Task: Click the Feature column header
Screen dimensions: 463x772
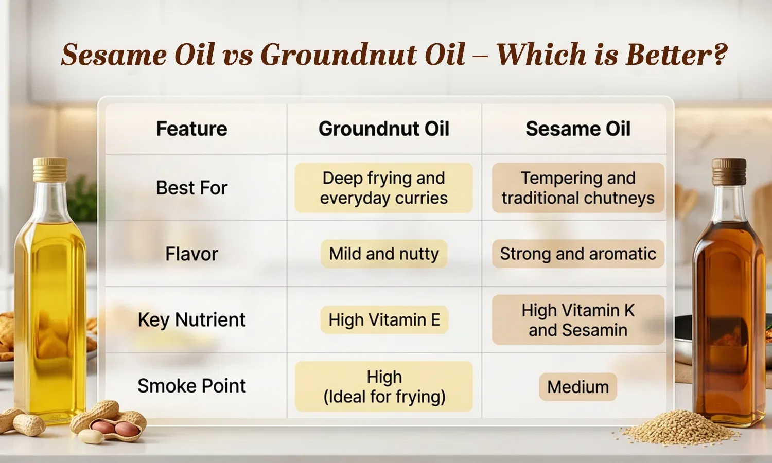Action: pos(191,129)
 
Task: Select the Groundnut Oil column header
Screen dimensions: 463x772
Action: pos(384,129)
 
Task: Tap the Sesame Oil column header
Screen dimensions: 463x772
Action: pos(578,129)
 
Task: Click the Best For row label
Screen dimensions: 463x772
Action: pos(191,188)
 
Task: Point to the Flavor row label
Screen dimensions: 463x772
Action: pos(191,254)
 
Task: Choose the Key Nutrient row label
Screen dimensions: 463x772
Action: pos(191,319)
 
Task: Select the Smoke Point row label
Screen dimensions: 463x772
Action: pos(191,386)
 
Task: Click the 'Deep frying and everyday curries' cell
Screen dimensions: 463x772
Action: pos(384,188)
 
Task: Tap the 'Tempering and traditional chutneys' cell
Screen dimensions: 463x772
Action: pos(578,188)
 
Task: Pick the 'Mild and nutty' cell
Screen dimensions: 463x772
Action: pos(384,254)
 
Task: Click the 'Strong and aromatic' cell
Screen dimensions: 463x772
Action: pos(578,254)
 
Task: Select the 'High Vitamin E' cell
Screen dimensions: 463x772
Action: pos(384,319)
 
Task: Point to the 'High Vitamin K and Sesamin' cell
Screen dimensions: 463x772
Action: pos(578,319)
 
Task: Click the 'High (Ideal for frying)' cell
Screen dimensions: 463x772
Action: pos(384,386)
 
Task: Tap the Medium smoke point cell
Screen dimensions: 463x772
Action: pos(578,386)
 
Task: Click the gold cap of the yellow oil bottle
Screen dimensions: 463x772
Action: pos(50,170)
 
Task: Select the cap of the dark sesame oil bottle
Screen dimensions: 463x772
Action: pos(729,171)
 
